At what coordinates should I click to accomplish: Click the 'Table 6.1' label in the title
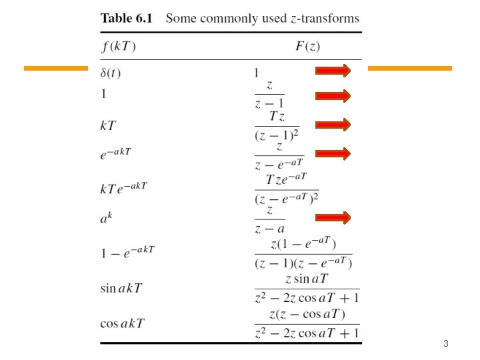[126, 18]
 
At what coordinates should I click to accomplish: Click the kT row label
[107, 124]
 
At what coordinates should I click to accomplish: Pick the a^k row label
[107, 217]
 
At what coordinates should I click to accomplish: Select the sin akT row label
[121, 289]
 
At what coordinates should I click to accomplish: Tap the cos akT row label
[121, 323]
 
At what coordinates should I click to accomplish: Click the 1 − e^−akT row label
[127, 251]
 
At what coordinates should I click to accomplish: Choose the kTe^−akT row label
[123, 188]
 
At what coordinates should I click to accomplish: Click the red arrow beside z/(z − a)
[333, 217]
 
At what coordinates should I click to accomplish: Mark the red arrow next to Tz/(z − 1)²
[333, 124]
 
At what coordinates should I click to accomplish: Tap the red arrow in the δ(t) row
[333, 71]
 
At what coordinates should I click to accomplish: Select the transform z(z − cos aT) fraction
[307, 323]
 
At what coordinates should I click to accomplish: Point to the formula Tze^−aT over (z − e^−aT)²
[287, 189]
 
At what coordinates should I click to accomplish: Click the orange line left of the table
[55, 68]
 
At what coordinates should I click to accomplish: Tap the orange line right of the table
[409, 68]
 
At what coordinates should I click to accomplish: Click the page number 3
[446, 345]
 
